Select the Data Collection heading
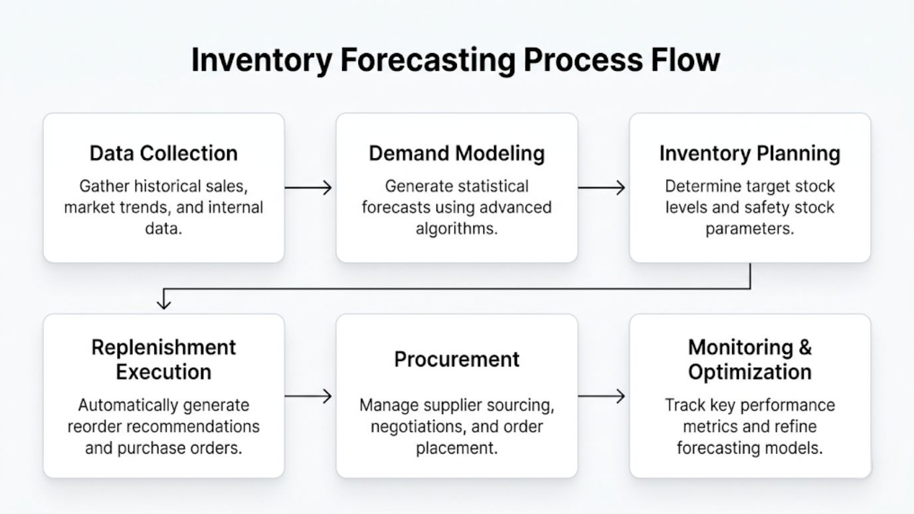tap(163, 153)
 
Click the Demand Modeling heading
tap(456, 153)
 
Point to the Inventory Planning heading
tap(749, 153)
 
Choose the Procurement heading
tap(456, 359)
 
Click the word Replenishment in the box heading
tap(163, 347)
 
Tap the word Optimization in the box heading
tap(749, 372)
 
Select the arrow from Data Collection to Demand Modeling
tap(309, 188)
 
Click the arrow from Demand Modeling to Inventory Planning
tap(602, 188)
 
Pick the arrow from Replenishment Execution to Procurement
tap(309, 396)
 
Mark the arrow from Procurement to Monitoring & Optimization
tap(602, 396)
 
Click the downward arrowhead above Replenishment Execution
tap(163, 303)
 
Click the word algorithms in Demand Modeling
tap(456, 229)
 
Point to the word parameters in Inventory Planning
tap(749, 229)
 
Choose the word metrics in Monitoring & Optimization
tap(713, 426)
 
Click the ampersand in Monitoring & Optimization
tap(804, 347)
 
